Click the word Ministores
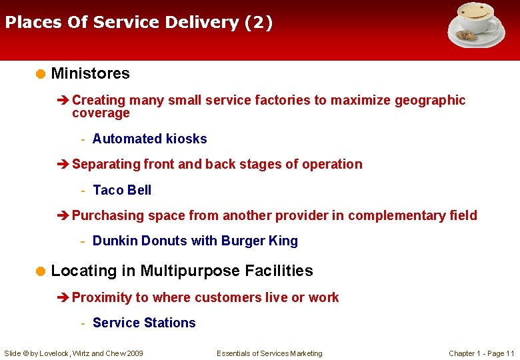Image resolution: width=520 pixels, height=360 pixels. [x=90, y=73]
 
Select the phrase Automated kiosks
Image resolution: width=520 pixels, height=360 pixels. [x=149, y=139]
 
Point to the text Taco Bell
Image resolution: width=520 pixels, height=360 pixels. [x=122, y=190]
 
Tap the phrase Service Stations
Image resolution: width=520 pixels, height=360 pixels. [x=144, y=323]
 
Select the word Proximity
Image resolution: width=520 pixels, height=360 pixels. [x=101, y=297]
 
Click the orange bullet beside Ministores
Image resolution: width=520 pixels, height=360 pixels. [x=41, y=73]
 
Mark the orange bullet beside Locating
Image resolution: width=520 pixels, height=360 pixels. [x=41, y=271]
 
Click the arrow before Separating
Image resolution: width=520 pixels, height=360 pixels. [x=63, y=165]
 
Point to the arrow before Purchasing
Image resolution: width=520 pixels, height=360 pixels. [x=63, y=215]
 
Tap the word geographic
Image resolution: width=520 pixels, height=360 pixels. [x=430, y=100]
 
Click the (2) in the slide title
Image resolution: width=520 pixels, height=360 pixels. [x=259, y=23]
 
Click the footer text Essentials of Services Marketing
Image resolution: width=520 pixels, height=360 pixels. [x=269, y=353]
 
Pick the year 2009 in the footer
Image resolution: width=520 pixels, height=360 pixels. [x=134, y=353]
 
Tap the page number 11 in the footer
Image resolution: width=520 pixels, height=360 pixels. [x=510, y=353]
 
